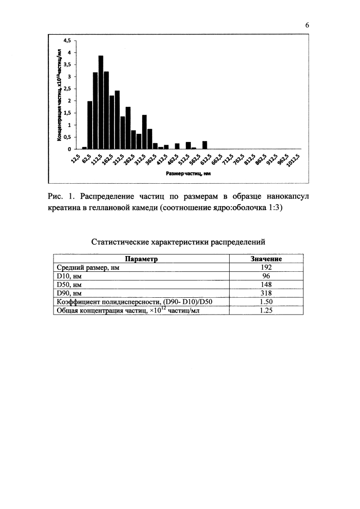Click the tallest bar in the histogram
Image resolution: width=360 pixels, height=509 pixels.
101,102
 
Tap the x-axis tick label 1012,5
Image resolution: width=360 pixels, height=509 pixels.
294,161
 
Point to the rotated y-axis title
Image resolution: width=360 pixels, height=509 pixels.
60,94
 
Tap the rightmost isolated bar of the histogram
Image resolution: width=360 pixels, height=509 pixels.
205,145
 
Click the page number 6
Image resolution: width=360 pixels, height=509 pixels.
308,25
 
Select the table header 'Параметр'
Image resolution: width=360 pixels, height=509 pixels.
142,259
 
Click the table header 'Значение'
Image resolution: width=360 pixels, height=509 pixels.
266,259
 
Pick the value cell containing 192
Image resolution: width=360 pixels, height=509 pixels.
266,267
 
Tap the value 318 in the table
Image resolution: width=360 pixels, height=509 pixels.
266,293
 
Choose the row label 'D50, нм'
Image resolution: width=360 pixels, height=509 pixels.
67,284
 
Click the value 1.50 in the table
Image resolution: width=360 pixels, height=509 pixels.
266,301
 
